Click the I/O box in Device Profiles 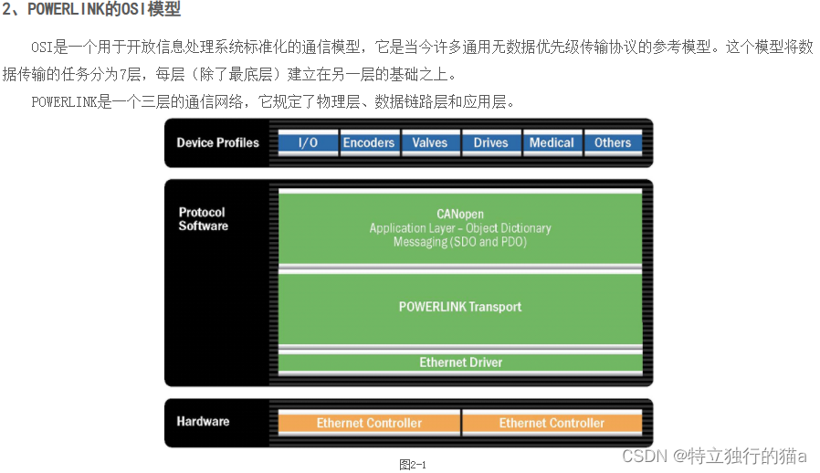308,142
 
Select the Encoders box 369,142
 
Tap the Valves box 430,142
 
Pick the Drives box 491,142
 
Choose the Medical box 552,142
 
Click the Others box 613,142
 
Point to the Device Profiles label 217,142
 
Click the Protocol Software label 203,219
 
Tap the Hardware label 203,421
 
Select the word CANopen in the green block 459,213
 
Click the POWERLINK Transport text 460,307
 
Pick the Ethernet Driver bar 460,363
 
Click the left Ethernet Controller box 369,423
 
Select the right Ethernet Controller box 552,423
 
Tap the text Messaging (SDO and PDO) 460,242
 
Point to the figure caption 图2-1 413,464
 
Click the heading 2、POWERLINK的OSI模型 91,11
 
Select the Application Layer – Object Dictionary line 460,227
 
